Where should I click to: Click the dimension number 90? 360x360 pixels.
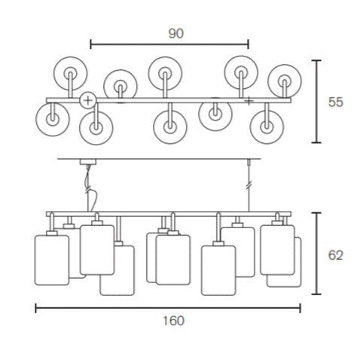[x=176, y=34]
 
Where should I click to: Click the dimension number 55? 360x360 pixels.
[x=336, y=102]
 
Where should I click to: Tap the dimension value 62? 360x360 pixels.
[x=335, y=255]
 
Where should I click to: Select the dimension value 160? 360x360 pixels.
[x=174, y=321]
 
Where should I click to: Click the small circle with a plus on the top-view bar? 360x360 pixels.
[x=88, y=100]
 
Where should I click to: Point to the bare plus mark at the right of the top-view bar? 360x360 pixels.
[x=249, y=101]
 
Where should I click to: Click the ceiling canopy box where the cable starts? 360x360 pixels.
[x=88, y=162]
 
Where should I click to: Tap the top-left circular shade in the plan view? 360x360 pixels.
[x=70, y=73]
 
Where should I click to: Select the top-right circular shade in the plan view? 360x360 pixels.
[x=285, y=81]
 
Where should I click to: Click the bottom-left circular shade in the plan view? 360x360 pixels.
[x=53, y=119]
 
